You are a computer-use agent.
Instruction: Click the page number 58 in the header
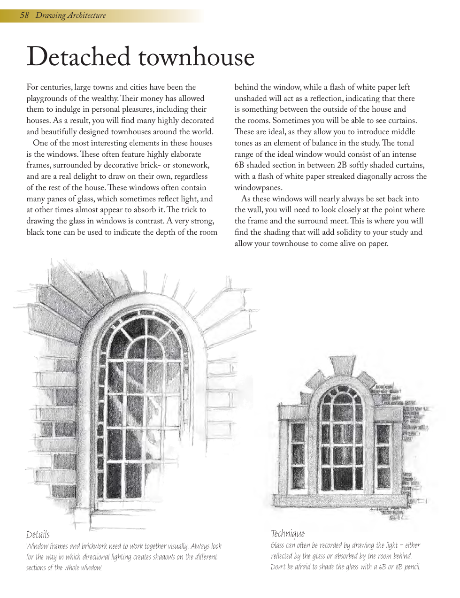point(24,15)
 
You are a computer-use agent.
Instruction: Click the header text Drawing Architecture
point(71,15)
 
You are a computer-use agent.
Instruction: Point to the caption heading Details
point(38,535)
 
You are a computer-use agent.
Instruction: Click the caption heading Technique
point(287,534)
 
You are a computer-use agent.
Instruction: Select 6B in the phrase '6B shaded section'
point(239,166)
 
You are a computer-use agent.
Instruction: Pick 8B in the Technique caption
point(395,567)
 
